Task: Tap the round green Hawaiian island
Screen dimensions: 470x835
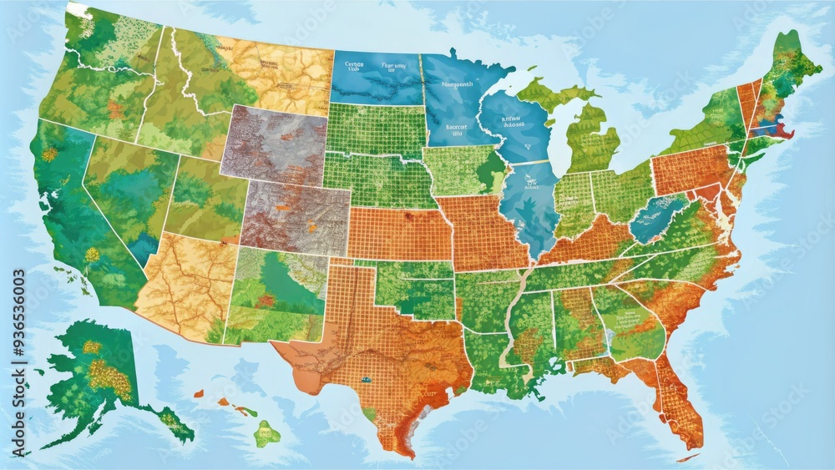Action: coord(267,433)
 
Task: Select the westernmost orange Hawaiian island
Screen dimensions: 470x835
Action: coord(199,392)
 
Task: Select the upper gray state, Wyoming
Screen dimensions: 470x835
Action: coord(273,144)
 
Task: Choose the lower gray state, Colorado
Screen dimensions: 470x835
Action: coord(296,217)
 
